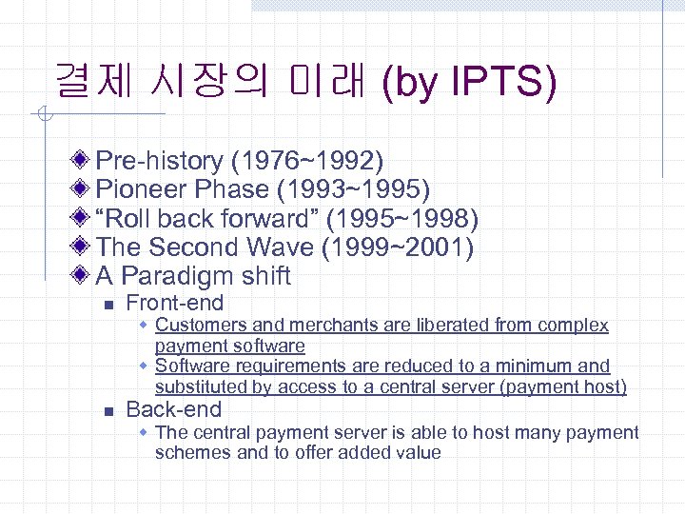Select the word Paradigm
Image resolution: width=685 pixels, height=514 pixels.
click(178, 277)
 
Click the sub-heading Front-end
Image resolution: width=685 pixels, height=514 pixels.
click(174, 304)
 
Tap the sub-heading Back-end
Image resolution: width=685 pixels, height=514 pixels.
click(173, 410)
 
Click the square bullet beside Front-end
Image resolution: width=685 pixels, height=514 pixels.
click(108, 306)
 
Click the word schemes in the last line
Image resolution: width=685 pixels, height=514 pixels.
click(193, 452)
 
